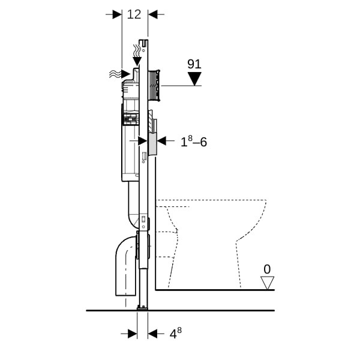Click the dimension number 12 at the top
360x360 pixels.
tap(134, 14)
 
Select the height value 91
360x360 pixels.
tap(194, 64)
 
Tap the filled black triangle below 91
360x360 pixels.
tap(194, 79)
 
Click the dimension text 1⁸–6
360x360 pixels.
tap(194, 142)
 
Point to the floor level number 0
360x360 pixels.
tap(267, 269)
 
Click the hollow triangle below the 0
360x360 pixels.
tap(267, 283)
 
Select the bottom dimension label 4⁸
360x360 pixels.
tap(176, 333)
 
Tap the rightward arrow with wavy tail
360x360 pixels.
tap(119, 74)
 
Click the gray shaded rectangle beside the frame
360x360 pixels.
tap(152, 144)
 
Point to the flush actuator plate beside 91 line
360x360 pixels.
tap(154, 85)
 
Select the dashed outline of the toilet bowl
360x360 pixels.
tap(211, 244)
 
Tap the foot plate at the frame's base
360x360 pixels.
tap(142, 308)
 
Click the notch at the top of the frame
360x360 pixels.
tap(144, 42)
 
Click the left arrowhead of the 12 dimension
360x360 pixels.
tap(117, 14)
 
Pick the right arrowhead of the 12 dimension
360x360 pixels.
tap(153, 14)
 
